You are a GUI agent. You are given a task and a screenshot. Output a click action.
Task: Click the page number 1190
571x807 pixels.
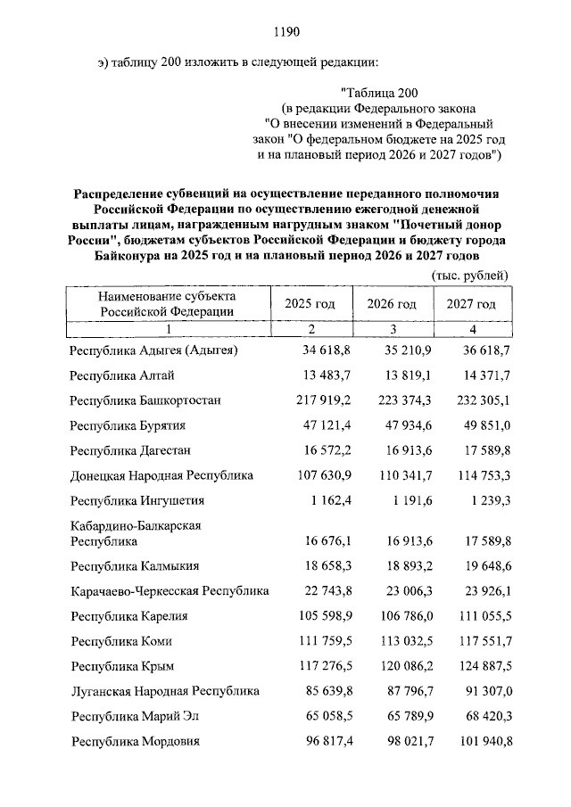[x=285, y=32]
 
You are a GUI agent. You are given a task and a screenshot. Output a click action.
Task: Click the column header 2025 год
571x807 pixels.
[x=310, y=304]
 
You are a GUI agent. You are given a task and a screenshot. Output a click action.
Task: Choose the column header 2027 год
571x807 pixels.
[x=471, y=304]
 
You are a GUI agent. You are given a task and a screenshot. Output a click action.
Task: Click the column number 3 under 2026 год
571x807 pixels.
[x=392, y=330]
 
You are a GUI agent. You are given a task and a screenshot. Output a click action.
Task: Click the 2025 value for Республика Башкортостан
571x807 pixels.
[x=319, y=400]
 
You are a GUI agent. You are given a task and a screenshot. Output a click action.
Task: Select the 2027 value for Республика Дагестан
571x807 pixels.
[x=482, y=450]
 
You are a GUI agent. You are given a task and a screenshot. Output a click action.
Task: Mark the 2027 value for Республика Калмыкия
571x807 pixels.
[x=482, y=565]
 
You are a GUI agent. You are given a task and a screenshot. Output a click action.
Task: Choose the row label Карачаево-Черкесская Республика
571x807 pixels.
[x=170, y=590]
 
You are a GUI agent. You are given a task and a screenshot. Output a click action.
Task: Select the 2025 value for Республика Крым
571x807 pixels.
[x=319, y=665]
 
